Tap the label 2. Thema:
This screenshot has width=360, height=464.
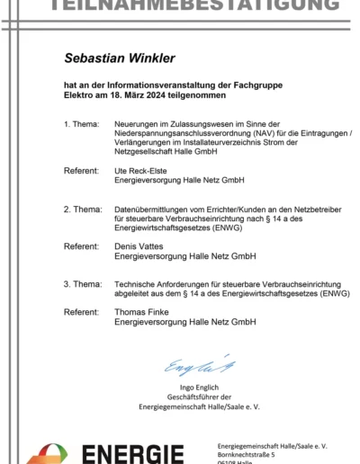pos(82,209)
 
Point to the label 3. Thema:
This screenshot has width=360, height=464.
pos(82,284)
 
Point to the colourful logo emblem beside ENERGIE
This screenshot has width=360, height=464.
pos(47,455)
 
